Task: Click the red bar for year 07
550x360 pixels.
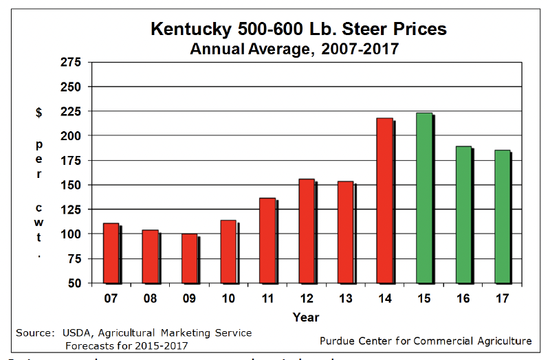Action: click(x=111, y=253)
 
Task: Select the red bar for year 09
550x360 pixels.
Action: click(x=189, y=258)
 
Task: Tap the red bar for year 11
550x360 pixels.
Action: click(x=267, y=240)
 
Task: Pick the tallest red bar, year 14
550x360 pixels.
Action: click(x=385, y=201)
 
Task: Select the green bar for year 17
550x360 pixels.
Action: click(x=503, y=216)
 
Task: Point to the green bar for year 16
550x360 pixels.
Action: click(x=463, y=214)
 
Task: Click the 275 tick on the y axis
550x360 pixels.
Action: click(x=71, y=63)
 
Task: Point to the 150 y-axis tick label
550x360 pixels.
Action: click(x=71, y=185)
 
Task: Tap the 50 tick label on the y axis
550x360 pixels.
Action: click(x=75, y=283)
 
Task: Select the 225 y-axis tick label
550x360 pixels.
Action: click(x=71, y=111)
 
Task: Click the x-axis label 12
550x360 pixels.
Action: click(x=306, y=300)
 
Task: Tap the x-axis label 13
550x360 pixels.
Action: click(x=345, y=300)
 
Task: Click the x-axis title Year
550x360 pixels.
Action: click(x=305, y=317)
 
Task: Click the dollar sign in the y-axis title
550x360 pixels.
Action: click(x=38, y=113)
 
